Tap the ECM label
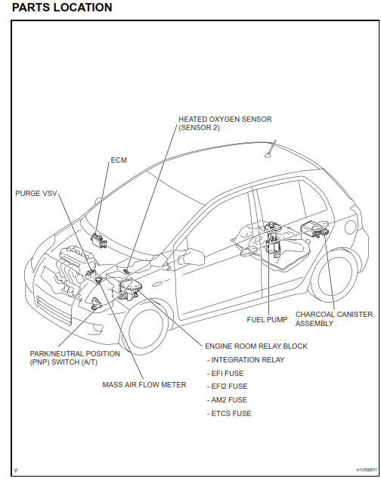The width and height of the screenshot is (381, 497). coord(119,161)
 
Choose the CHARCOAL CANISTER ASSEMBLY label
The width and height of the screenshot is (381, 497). coord(333,318)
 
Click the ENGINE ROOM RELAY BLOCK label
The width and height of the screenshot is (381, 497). coord(256,346)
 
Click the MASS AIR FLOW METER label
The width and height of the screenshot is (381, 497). coord(144,384)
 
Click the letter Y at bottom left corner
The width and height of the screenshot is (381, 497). coord(15,471)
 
